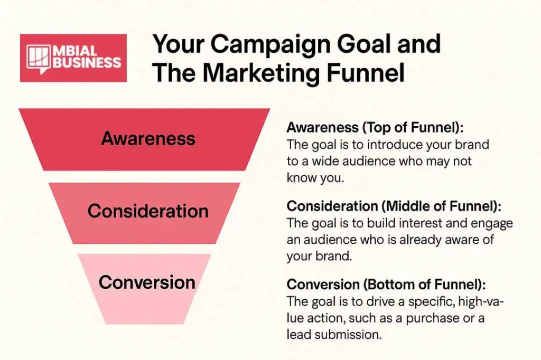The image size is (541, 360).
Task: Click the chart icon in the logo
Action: click(38, 59)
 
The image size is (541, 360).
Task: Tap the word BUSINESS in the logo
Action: click(87, 63)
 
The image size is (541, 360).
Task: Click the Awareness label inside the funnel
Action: click(148, 139)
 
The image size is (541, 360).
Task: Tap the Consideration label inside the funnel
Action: click(148, 211)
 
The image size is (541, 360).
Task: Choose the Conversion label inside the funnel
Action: click(147, 282)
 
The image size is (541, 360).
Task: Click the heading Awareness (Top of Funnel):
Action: click(375, 128)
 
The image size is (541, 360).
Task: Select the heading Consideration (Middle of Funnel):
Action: click(394, 206)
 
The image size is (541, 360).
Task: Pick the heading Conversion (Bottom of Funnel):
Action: click(386, 285)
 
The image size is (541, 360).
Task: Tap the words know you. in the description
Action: click(315, 178)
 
